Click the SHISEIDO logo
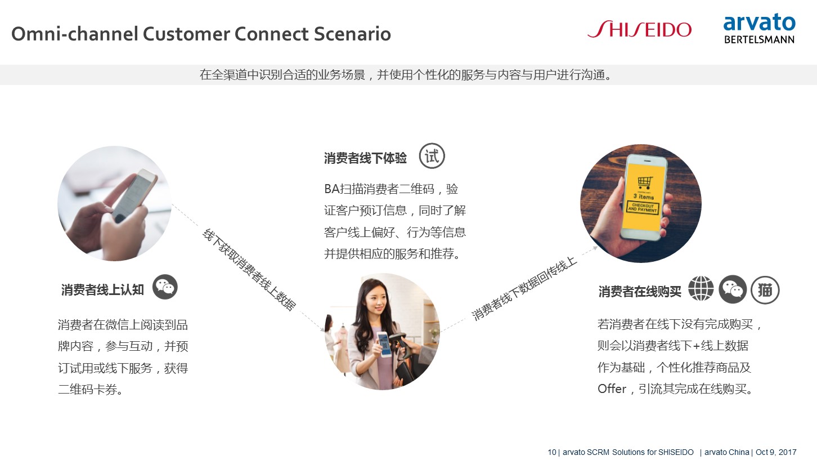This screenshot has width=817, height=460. tap(639, 29)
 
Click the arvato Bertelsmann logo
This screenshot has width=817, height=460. tap(760, 29)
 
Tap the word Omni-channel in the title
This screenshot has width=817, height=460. tap(75, 34)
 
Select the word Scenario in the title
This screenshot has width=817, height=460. tap(352, 34)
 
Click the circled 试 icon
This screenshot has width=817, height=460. tap(432, 156)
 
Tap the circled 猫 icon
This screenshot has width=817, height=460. tap(765, 290)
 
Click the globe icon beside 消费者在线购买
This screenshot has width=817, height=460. tap(701, 289)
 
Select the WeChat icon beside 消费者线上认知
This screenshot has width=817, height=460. tap(165, 287)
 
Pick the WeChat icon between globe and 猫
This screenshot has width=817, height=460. tap(733, 289)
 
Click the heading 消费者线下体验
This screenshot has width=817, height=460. tap(365, 158)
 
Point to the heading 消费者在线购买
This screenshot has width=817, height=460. tap(640, 292)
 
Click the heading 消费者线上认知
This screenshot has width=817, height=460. tap(102, 290)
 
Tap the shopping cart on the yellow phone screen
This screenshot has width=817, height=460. tap(645, 182)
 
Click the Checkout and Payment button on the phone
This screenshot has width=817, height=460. tap(643, 208)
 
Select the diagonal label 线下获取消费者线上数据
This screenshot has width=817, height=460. tap(249, 270)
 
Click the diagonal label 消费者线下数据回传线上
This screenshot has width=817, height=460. tap(524, 288)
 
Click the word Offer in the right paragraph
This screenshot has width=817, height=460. tap(612, 389)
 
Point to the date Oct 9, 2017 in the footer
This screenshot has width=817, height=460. tap(776, 452)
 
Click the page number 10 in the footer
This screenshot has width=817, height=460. tap(552, 452)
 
